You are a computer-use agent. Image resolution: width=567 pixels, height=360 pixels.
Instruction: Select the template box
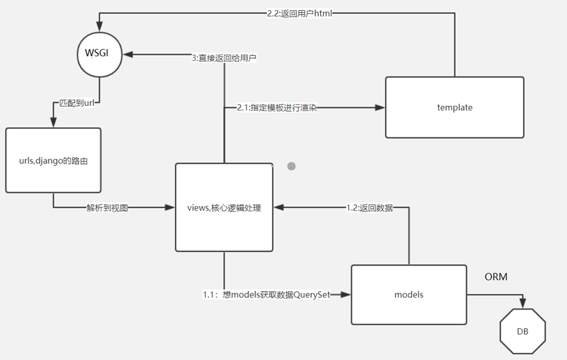pyautogui.click(x=455, y=107)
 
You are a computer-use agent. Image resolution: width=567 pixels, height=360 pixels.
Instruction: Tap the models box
pyautogui.click(x=409, y=294)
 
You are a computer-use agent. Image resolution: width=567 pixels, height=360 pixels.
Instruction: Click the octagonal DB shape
pyautogui.click(x=522, y=331)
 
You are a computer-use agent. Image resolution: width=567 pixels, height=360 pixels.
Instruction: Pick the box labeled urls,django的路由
pyautogui.click(x=53, y=160)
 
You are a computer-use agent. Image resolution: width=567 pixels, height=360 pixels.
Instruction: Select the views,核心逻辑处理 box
pyautogui.click(x=223, y=207)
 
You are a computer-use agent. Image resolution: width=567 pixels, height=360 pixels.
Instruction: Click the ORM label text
pyautogui.click(x=497, y=276)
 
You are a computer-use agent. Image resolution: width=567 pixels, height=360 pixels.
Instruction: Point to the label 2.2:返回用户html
pyautogui.click(x=299, y=13)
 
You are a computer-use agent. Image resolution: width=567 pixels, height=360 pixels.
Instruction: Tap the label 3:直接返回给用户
pyautogui.click(x=225, y=57)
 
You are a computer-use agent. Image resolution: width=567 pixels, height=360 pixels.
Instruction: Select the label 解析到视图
pyautogui.click(x=107, y=207)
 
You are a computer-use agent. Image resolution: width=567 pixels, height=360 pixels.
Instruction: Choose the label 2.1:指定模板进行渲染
pyautogui.click(x=276, y=108)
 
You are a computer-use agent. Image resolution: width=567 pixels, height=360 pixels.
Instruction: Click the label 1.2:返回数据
pyautogui.click(x=369, y=207)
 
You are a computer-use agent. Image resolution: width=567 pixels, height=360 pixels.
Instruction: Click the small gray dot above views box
pyautogui.click(x=291, y=166)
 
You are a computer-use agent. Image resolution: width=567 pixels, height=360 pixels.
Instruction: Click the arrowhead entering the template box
pyautogui.click(x=381, y=108)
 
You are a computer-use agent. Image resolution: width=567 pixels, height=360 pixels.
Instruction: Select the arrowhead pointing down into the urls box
pyautogui.click(x=53, y=123)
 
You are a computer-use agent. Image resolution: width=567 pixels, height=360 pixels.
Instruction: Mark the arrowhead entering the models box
pyautogui.click(x=346, y=294)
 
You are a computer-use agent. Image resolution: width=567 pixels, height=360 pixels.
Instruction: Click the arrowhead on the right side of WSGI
pyautogui.click(x=128, y=55)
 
